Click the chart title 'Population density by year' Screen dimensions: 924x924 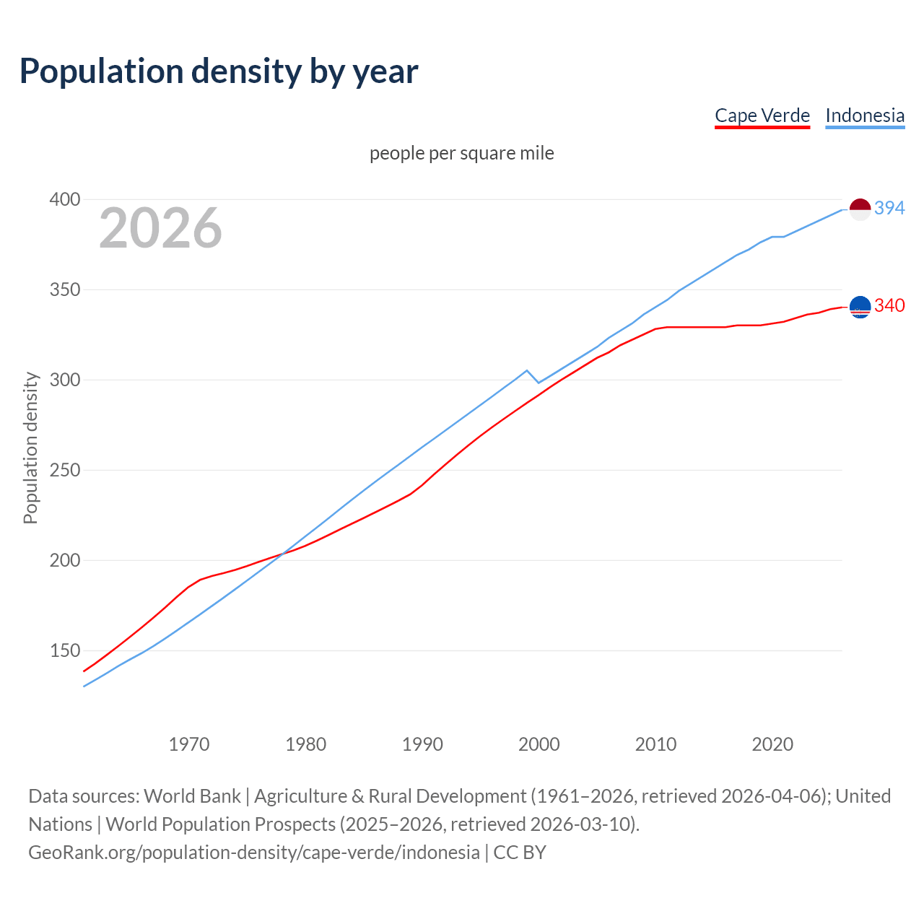click(x=219, y=71)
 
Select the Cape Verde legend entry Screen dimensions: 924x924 click(x=762, y=115)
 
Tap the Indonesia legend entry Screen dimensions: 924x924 click(x=864, y=115)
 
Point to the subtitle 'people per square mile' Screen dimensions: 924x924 click(x=461, y=153)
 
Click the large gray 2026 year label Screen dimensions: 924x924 click(x=160, y=228)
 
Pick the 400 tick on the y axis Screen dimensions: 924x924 click(x=64, y=199)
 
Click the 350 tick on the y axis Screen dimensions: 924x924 click(x=64, y=289)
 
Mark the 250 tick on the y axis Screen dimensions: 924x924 click(x=64, y=470)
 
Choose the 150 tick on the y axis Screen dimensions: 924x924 click(x=64, y=650)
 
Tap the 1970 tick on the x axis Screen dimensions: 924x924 click(x=189, y=744)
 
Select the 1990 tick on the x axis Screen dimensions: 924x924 click(x=422, y=744)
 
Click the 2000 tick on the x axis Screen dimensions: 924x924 click(x=539, y=744)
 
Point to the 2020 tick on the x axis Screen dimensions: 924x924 click(x=772, y=744)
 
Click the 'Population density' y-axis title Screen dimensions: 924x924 click(x=30, y=448)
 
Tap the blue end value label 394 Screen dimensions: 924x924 click(x=889, y=208)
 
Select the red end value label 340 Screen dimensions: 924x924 click(x=889, y=305)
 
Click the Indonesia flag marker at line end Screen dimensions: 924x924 click(x=860, y=209)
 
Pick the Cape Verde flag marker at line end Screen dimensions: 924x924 click(x=860, y=307)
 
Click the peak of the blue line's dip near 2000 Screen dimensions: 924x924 click(x=527, y=370)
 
